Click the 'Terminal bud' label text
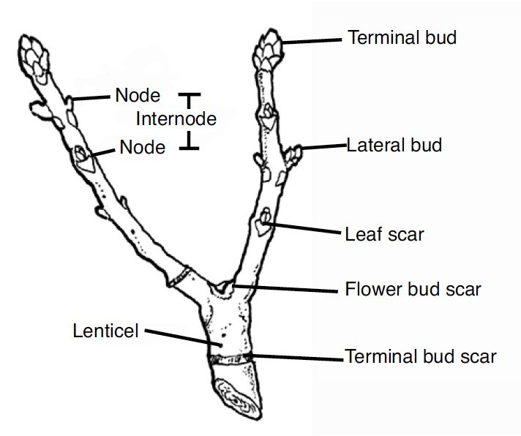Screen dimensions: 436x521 pyautogui.click(x=402, y=38)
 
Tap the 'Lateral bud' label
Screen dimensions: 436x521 pyautogui.click(x=394, y=145)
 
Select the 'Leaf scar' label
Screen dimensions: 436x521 pyautogui.click(x=384, y=235)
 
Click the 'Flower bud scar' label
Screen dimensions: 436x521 pyautogui.click(x=413, y=289)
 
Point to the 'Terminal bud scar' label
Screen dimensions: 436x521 pyautogui.click(x=421, y=357)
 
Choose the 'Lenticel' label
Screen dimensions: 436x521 pyautogui.click(x=105, y=331)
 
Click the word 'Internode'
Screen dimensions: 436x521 pyautogui.click(x=176, y=118)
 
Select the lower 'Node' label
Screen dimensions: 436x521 pyautogui.click(x=142, y=147)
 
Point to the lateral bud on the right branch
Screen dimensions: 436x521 pyautogui.click(x=293, y=154)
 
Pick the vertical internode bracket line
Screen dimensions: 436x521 pyautogui.click(x=190, y=121)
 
